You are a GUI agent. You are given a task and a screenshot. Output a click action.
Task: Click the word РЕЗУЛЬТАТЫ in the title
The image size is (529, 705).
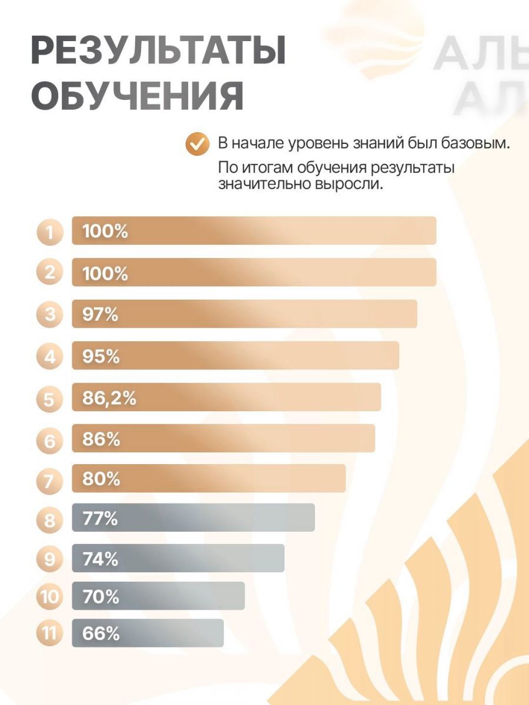click(158, 51)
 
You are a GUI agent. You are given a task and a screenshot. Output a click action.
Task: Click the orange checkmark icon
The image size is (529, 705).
click(197, 143)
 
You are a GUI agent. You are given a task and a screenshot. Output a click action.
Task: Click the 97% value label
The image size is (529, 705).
click(101, 314)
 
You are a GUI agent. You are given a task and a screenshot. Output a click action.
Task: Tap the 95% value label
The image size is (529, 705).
click(101, 356)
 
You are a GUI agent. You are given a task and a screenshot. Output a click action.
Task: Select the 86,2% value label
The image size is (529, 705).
click(109, 398)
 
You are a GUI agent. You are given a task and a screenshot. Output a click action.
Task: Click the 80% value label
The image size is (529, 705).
click(101, 479)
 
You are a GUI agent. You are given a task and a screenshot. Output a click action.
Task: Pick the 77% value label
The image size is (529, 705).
click(101, 519)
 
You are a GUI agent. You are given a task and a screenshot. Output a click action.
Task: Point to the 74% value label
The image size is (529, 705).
click(101, 559)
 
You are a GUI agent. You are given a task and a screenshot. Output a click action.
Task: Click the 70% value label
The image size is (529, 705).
click(101, 597)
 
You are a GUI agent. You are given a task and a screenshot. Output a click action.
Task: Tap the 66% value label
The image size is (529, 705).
click(101, 634)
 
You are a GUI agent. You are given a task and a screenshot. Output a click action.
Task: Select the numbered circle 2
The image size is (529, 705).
click(49, 273)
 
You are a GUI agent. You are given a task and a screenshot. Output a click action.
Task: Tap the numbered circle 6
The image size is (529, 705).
click(49, 439)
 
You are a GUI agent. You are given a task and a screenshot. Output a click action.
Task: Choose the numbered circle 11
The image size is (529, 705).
click(49, 634)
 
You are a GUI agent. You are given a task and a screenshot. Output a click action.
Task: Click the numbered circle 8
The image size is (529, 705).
click(49, 519)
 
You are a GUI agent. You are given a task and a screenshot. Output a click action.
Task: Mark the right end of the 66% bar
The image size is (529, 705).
click(222, 633)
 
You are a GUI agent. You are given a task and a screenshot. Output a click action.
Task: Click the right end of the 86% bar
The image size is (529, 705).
click(373, 438)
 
